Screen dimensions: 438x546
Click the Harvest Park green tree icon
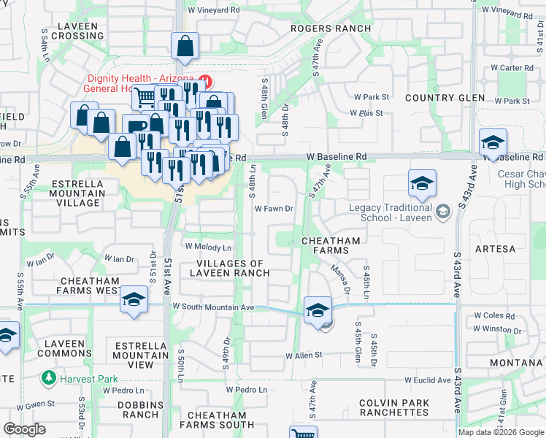tap(49, 378)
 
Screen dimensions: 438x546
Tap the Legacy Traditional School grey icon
tap(442, 212)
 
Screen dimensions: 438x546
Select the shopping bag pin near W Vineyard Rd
tap(186, 46)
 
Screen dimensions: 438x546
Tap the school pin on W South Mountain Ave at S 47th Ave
tap(318, 310)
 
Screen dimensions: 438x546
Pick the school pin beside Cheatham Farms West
tap(134, 300)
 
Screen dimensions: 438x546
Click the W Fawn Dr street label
tap(274, 209)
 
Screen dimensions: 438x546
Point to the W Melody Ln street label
tap(208, 247)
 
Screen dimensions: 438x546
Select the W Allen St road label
tap(304, 356)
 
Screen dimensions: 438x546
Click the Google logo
tap(24, 429)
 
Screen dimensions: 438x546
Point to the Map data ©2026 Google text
tap(501, 432)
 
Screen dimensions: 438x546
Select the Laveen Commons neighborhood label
tap(68, 348)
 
